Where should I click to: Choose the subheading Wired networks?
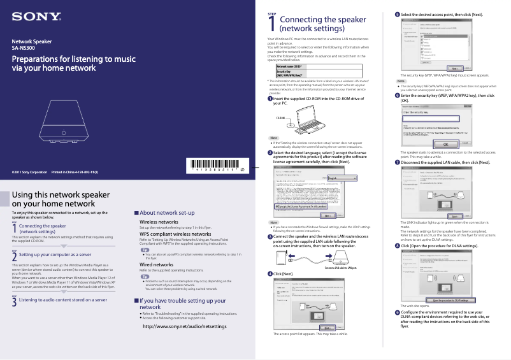157,264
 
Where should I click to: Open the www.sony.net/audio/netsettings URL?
185,326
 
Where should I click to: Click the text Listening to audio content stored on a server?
63,299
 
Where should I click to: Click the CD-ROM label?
280,119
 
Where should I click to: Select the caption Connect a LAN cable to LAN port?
345,268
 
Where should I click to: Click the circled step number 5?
398,14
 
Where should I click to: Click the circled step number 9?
398,312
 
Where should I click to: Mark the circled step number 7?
398,162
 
